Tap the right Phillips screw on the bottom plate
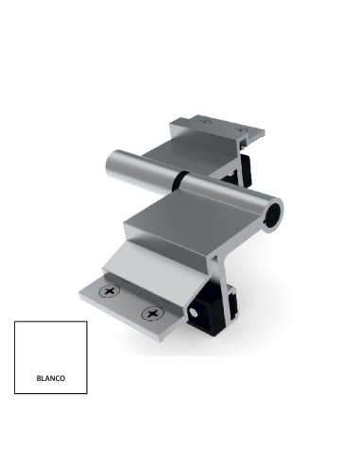click(x=149, y=312)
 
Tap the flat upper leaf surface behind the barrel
click(x=189, y=146)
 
